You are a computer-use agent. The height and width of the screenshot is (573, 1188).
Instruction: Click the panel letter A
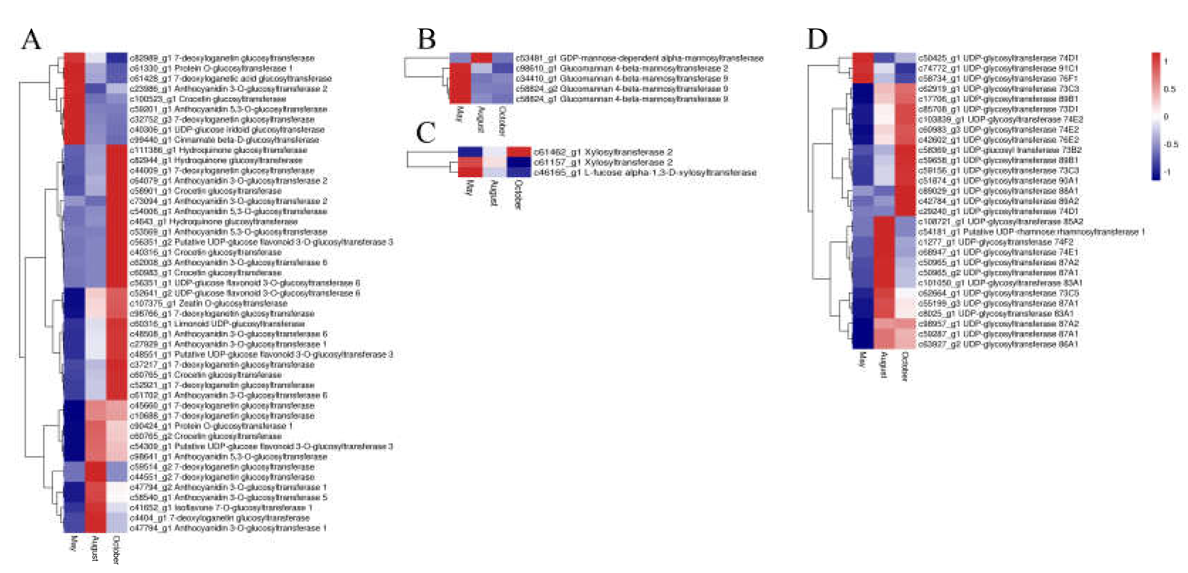pos(31,40)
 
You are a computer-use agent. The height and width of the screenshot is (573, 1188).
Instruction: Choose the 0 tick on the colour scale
pos(1166,117)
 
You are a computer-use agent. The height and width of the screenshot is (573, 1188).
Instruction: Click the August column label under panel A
pos(95,548)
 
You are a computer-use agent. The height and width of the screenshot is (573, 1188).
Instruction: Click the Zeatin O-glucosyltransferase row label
pos(209,303)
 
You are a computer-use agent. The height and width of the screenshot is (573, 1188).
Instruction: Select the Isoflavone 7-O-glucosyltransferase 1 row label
pos(221,508)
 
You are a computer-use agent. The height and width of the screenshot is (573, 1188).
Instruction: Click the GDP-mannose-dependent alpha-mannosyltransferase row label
pos(639,58)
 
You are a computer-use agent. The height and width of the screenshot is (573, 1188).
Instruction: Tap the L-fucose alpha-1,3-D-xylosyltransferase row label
pos(645,173)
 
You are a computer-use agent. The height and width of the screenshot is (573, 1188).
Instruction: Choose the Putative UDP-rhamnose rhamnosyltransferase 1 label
pos(1031,232)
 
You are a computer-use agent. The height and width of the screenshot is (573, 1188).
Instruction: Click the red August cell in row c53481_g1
pos(482,58)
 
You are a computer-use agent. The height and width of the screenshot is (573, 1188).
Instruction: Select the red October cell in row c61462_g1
pos(518,152)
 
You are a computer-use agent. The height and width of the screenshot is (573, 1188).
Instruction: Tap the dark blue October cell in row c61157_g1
pos(518,162)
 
